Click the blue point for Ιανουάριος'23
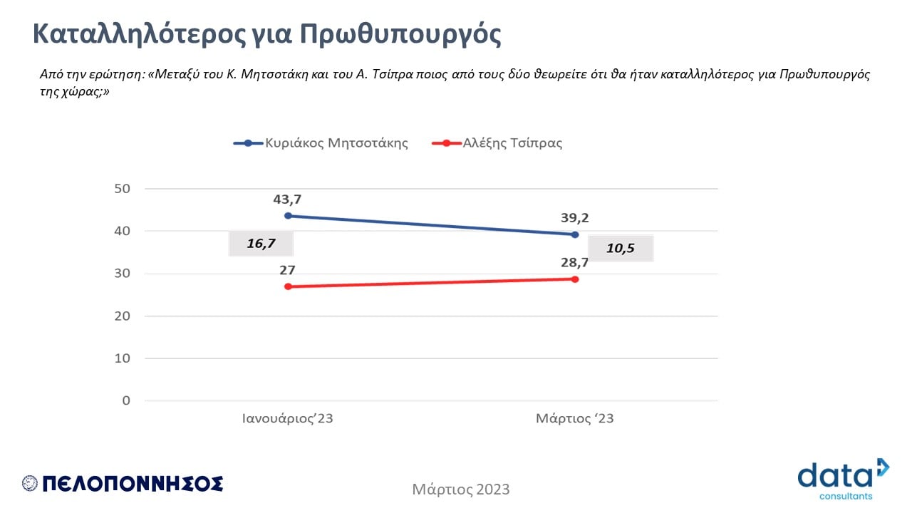288,216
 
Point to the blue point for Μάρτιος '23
575,234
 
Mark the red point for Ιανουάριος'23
288,286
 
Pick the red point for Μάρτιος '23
575,279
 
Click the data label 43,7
287,199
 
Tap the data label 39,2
574,217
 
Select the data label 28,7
574,263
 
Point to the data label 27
287,270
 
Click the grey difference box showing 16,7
261,244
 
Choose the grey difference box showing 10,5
620,248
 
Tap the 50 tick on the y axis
122,188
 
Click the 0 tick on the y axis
126,400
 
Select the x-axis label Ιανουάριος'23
288,418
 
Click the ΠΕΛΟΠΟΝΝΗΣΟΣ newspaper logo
123,484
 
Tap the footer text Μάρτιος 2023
461,489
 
